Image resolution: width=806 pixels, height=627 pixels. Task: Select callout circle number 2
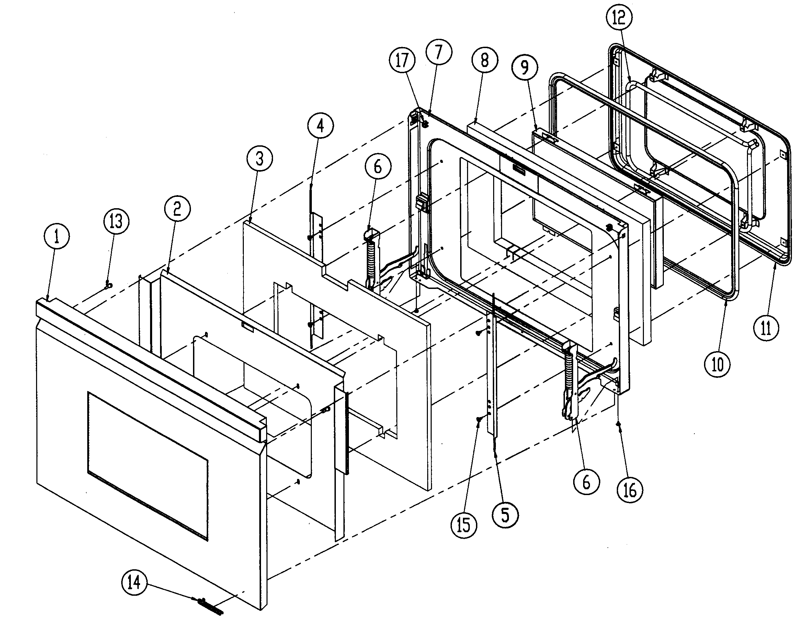pos(178,209)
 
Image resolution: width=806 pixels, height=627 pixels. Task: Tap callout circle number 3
pos(260,159)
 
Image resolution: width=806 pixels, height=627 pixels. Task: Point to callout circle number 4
pos(320,126)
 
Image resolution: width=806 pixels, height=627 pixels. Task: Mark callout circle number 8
pos(485,60)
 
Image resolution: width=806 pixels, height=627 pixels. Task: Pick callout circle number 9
pos(524,67)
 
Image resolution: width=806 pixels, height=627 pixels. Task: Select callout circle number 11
pos(767,327)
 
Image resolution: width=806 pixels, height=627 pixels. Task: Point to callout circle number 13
pos(116,222)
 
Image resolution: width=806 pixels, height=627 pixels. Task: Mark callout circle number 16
pos(630,490)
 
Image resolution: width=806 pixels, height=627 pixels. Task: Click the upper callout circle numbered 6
pos(377,167)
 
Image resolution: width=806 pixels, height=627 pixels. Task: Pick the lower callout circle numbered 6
pos(587,482)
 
